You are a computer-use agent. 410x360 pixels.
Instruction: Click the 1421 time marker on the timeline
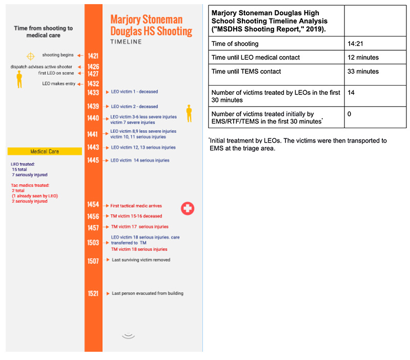click(x=93, y=55)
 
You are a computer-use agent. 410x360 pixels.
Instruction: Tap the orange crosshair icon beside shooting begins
click(x=31, y=55)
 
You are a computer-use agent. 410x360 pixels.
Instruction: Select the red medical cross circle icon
click(x=188, y=208)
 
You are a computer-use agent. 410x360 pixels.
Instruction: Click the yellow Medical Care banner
click(x=45, y=151)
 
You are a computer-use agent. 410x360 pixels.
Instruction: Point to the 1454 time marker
click(x=93, y=205)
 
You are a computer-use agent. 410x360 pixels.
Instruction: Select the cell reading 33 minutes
click(x=363, y=71)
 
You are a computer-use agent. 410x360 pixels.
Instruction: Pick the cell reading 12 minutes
click(x=363, y=57)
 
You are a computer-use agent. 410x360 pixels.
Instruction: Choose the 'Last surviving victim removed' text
click(x=141, y=260)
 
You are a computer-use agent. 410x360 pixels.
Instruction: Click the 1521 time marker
click(x=93, y=293)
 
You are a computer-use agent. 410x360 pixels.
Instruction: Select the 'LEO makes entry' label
click(x=56, y=84)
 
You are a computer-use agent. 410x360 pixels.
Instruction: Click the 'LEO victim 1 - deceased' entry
click(x=134, y=92)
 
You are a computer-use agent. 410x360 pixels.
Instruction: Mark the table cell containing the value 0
click(x=350, y=113)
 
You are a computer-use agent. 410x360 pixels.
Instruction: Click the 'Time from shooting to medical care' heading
click(x=43, y=32)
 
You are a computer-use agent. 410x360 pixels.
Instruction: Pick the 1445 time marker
click(x=93, y=161)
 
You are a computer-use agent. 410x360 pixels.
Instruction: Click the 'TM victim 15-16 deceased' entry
click(x=136, y=216)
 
